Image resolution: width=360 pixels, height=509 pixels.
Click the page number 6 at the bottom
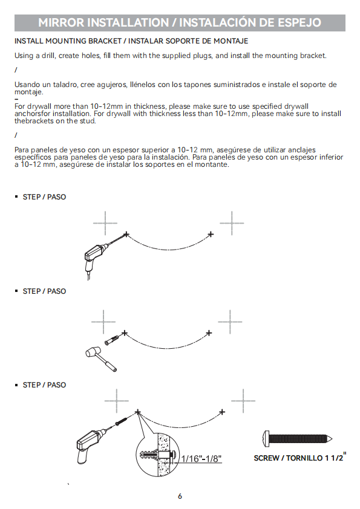(180, 496)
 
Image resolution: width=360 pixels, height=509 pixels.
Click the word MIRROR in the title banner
(61, 22)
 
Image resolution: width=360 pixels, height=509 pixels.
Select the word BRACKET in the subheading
(105, 41)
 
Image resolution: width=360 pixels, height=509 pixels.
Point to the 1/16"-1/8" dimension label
(201, 458)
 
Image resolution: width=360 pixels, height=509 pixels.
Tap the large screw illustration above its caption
(297, 439)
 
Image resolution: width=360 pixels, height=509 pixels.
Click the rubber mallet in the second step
(100, 358)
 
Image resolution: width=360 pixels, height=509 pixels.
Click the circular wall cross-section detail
(157, 455)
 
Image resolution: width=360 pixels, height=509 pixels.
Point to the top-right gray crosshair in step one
(232, 223)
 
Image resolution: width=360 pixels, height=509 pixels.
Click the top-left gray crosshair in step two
(103, 322)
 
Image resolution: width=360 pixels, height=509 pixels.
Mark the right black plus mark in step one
(211, 234)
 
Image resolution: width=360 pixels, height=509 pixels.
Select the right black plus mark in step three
(222, 412)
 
